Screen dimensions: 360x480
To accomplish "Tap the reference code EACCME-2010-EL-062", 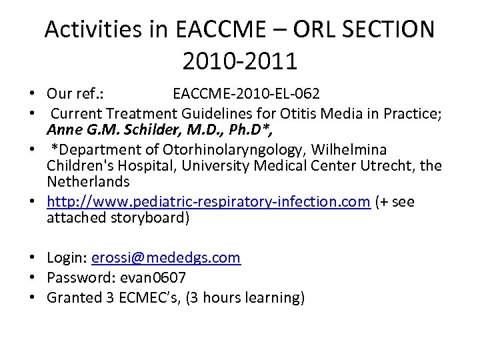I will (245, 93).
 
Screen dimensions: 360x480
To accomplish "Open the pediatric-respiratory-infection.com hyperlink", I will (208, 202).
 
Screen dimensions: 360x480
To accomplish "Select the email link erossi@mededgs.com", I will (166, 258).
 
